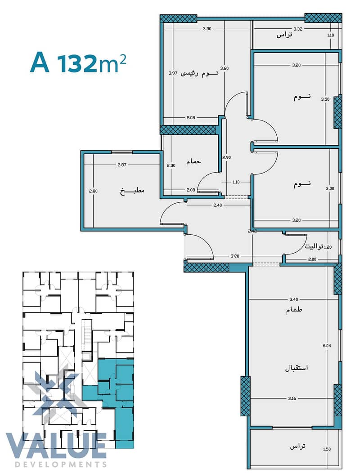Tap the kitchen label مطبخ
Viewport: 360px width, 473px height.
[132, 191]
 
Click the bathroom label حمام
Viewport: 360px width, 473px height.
[193, 162]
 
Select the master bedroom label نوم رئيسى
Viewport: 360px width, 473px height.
[199, 73]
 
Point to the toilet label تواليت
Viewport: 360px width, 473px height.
[314, 247]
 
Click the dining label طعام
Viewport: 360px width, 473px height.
[294, 310]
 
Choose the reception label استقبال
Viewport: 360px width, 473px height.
[297, 368]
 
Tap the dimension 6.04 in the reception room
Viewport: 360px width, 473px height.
[327, 346]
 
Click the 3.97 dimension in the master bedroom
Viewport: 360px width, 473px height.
[173, 73]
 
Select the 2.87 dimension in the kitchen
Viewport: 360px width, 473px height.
[121, 165]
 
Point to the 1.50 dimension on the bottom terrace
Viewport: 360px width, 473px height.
[327, 449]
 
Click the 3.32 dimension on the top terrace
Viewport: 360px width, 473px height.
[298, 29]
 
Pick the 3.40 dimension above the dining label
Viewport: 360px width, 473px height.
[293, 299]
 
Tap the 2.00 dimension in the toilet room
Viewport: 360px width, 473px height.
[312, 259]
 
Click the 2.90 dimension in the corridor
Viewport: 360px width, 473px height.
[226, 157]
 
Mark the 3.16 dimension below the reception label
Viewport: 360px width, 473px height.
[292, 398]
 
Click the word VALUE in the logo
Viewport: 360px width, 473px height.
[57, 446]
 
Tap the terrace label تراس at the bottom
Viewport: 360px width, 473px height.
[298, 446]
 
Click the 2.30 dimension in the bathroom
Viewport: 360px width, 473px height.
[171, 165]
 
